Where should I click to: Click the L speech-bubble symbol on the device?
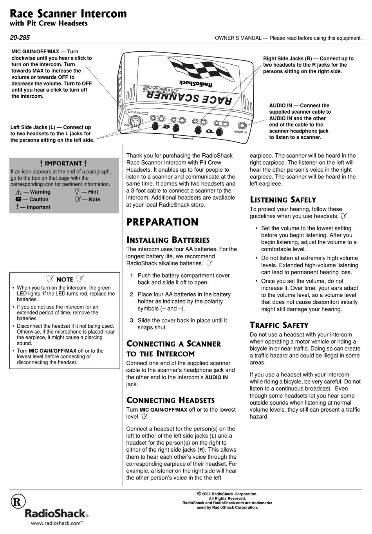click(166, 127)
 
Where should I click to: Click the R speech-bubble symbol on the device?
click(209, 131)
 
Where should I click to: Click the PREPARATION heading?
click(162, 222)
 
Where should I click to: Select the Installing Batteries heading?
click(168, 240)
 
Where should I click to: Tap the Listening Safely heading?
click(283, 200)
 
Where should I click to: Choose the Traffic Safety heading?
click(279, 325)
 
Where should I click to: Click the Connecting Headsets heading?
click(170, 400)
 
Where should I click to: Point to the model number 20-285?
click(20, 38)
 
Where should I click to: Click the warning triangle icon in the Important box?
click(18, 193)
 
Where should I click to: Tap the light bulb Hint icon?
click(77, 192)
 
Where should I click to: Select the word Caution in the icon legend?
click(39, 200)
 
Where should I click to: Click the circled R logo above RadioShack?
click(18, 501)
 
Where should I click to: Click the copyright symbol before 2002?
click(199, 494)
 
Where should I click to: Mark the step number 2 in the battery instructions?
click(132, 294)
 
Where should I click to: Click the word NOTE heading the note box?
click(65, 280)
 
